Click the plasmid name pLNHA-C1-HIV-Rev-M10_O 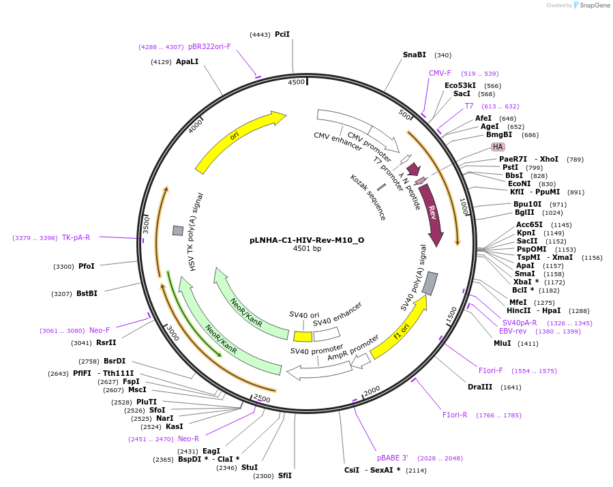307,239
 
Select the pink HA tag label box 498,147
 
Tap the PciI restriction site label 282,34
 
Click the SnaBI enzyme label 415,55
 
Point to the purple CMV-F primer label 440,73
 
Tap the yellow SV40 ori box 303,336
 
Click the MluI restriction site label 503,343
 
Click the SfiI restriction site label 284,475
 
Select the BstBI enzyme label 87,293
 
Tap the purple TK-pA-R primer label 76,237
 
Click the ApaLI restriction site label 187,61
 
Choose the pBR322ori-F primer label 209,46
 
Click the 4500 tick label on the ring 296,82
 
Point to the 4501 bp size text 307,249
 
